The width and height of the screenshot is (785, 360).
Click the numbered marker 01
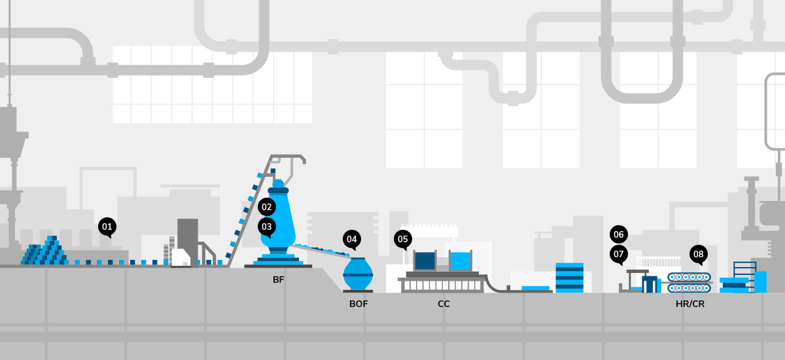click(107, 227)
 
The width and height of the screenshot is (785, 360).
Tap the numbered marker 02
click(266, 207)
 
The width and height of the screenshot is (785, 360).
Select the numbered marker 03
click(266, 227)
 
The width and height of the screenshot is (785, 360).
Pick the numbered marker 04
click(352, 239)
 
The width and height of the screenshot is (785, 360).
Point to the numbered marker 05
click(403, 239)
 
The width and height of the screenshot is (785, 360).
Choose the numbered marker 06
click(618, 234)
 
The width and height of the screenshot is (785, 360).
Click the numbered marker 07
click(618, 253)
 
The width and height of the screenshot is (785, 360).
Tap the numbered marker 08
click(699, 254)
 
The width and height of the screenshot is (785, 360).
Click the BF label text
click(279, 280)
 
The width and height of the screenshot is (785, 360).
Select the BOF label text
click(358, 304)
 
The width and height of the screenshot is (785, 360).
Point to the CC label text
click(444, 304)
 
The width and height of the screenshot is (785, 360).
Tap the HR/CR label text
click(690, 304)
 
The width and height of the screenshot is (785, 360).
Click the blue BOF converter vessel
click(358, 274)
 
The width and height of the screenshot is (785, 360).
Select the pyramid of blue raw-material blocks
click(45, 252)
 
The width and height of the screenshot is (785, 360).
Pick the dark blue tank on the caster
click(425, 261)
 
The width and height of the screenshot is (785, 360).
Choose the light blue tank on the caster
click(461, 261)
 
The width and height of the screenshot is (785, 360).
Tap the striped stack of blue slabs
click(568, 277)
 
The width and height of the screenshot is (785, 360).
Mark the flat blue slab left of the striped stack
click(535, 289)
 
